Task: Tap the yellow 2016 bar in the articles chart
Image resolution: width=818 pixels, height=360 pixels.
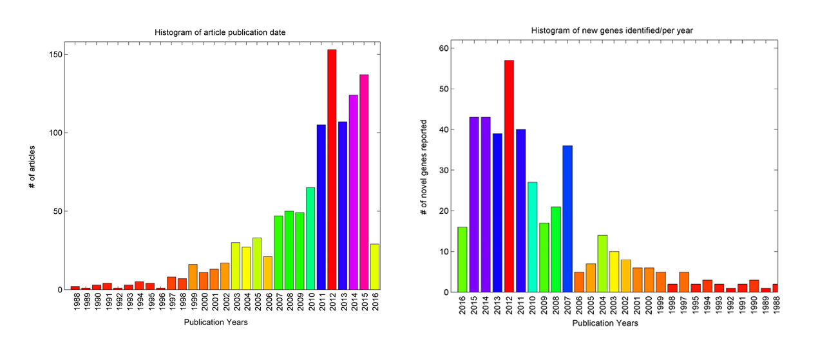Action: tap(375, 267)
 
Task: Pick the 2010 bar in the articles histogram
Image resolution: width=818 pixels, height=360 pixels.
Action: tap(310, 238)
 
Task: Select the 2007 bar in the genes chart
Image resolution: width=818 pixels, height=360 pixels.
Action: tap(567, 219)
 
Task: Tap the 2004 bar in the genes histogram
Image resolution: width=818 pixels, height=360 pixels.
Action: tap(602, 264)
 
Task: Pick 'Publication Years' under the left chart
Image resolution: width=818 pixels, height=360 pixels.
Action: tap(215, 322)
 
